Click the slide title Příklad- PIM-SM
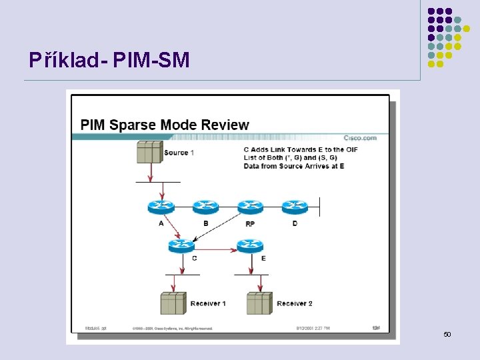point(109,61)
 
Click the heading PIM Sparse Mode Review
point(165,125)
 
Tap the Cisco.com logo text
point(360,138)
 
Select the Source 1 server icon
point(149,152)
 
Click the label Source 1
point(179,153)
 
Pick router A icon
point(161,207)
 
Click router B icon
point(205,207)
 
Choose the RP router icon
point(250,207)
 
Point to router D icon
point(295,207)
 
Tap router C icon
point(181,246)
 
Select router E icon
point(250,246)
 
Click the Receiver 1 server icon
point(173,303)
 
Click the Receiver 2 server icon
point(259,303)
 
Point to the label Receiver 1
point(208,304)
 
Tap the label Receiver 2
point(295,304)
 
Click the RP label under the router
point(250,224)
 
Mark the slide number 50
point(447,333)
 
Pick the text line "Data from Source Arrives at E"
point(294,166)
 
